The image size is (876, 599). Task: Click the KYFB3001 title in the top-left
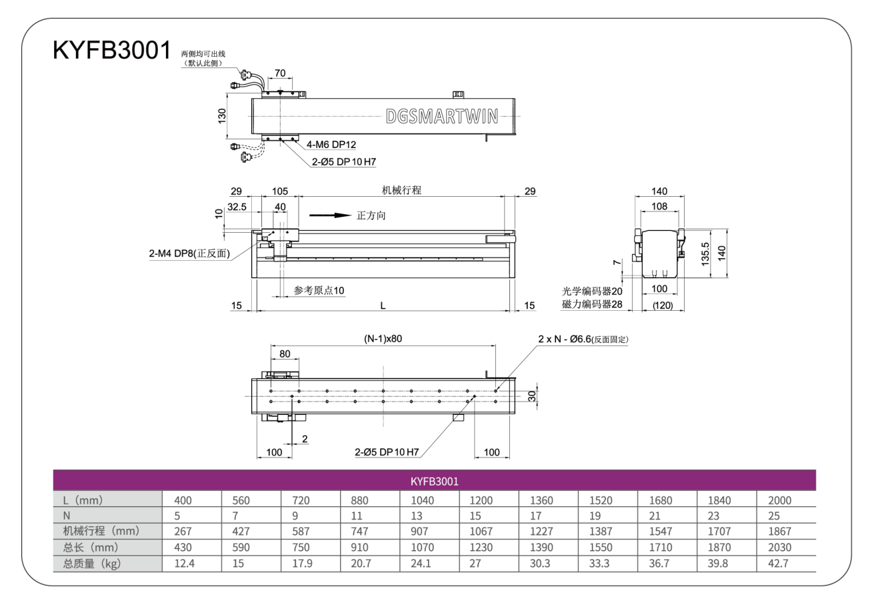click(x=112, y=50)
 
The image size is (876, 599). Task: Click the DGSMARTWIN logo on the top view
click(x=442, y=116)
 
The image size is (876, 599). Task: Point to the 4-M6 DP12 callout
click(x=331, y=145)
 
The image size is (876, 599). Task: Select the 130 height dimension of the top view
click(x=222, y=116)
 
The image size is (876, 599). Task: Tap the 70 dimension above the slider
click(x=280, y=73)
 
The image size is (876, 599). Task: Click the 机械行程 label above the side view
click(x=401, y=190)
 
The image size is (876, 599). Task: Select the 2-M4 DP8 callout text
click(x=189, y=253)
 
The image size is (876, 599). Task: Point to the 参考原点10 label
click(x=319, y=291)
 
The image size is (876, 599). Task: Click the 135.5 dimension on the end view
click(x=705, y=254)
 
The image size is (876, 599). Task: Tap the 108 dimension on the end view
click(x=659, y=206)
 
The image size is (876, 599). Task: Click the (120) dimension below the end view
click(x=663, y=306)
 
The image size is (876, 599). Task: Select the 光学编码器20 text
click(x=592, y=291)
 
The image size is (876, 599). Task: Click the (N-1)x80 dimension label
click(x=383, y=339)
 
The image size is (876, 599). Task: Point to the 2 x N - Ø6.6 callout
click(x=583, y=340)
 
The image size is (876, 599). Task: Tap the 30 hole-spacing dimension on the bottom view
click(x=532, y=396)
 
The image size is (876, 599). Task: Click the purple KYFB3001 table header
click(x=435, y=481)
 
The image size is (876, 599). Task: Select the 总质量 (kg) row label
click(x=92, y=564)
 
